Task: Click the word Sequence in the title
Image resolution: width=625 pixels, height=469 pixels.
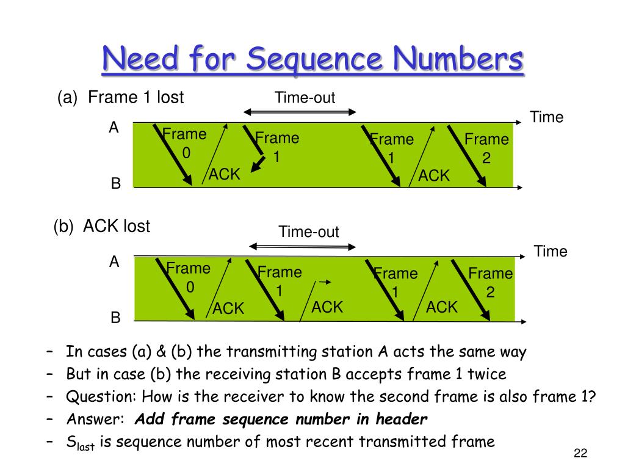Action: (x=317, y=60)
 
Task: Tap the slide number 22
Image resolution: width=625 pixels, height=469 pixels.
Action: (x=580, y=453)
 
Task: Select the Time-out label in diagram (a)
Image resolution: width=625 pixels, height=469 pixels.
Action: (x=305, y=98)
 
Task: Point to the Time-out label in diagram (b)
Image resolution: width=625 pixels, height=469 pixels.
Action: (x=309, y=232)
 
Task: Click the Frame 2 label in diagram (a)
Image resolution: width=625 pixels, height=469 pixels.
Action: (x=486, y=148)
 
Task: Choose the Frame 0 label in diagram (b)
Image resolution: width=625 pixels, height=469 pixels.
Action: (x=189, y=277)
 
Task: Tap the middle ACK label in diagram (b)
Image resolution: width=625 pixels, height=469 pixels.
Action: (x=327, y=307)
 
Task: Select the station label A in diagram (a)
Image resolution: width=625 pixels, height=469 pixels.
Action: (x=114, y=128)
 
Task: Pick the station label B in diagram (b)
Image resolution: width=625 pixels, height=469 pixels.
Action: (x=115, y=318)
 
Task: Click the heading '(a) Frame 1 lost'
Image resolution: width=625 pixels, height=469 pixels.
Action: (x=120, y=98)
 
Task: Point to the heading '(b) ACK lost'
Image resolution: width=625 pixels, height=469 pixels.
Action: (x=101, y=227)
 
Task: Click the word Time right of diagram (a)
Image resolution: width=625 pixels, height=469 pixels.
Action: (x=546, y=117)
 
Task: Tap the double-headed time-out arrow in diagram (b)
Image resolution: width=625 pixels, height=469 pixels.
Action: (x=303, y=247)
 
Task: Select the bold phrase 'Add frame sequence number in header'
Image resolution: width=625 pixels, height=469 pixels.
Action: (x=281, y=419)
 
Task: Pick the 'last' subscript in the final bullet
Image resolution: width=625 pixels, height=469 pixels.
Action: (x=85, y=446)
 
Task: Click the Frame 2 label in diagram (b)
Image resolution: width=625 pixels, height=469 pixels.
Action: (x=490, y=283)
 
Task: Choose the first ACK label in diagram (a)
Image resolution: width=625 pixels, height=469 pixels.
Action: (x=225, y=175)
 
